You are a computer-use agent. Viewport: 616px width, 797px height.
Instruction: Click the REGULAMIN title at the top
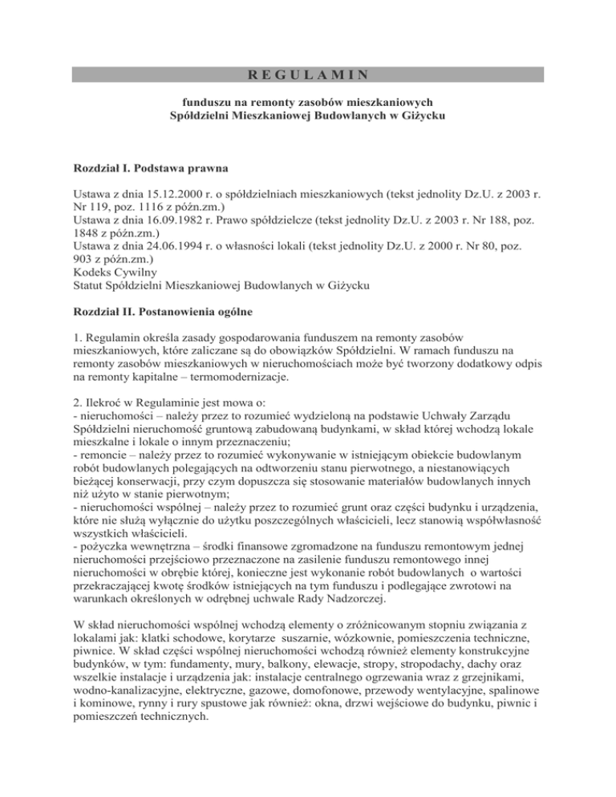tap(308, 75)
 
